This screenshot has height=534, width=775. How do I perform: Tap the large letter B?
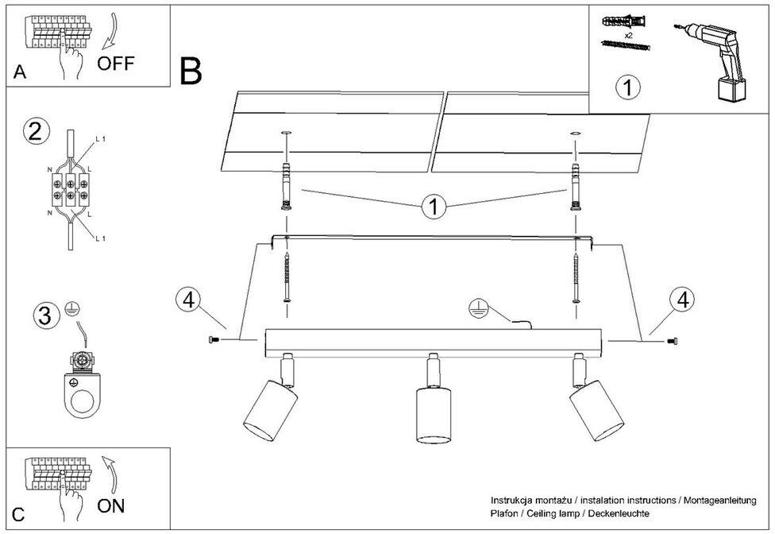pyautogui.click(x=191, y=72)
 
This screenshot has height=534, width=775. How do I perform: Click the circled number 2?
pyautogui.click(x=33, y=130)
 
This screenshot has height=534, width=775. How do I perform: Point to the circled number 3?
pyautogui.click(x=46, y=315)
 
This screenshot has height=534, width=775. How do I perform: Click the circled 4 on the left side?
pyautogui.click(x=187, y=300)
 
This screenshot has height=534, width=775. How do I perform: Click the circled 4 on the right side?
pyautogui.click(x=683, y=300)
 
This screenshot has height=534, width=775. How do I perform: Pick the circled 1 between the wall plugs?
pyautogui.click(x=434, y=208)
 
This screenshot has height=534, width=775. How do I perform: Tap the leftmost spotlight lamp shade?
pyautogui.click(x=269, y=410)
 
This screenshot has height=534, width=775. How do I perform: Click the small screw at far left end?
pyautogui.click(x=212, y=340)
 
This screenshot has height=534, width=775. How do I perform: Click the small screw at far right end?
pyautogui.click(x=673, y=341)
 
